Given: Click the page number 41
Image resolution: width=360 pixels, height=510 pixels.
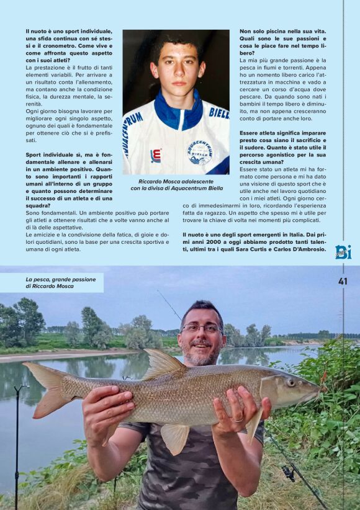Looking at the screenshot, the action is pyautogui.click(x=343, y=281).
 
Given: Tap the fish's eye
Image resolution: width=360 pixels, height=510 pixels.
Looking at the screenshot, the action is pyautogui.click(x=292, y=382).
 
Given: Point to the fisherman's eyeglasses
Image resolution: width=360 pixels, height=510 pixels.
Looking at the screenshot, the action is pyautogui.click(x=202, y=328).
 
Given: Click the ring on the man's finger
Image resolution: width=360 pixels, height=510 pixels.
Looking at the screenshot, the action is pyautogui.click(x=238, y=419).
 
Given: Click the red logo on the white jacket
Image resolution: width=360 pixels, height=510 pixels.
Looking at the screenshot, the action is pyautogui.click(x=156, y=155).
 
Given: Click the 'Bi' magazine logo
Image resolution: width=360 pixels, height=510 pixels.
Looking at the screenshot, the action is pyautogui.click(x=343, y=251).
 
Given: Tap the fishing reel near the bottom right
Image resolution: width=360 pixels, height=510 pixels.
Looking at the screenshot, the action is pyautogui.click(x=288, y=473).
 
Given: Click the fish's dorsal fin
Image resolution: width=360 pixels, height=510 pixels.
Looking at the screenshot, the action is pyautogui.click(x=163, y=364).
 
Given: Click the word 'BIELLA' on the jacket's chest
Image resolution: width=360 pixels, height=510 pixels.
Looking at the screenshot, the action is pyautogui.click(x=218, y=113).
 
